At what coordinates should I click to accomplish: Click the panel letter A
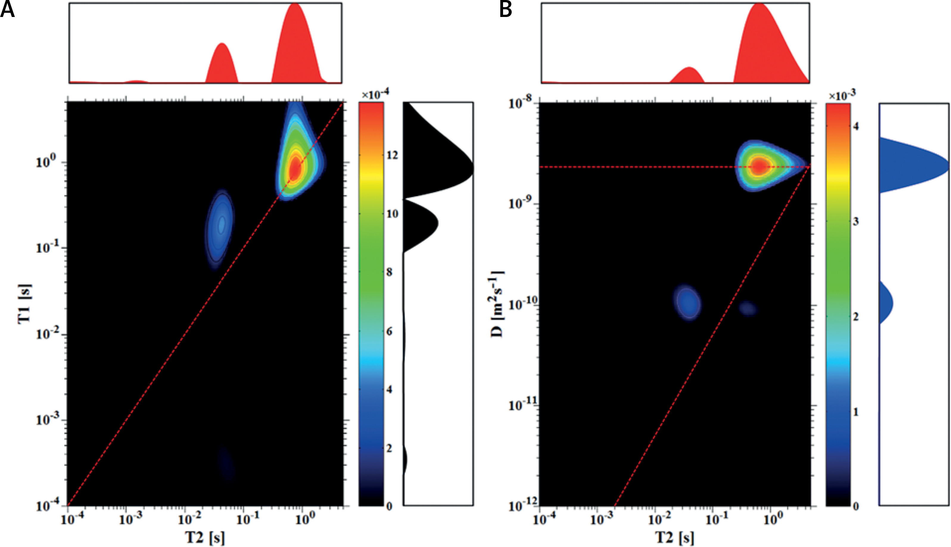[x=7, y=10]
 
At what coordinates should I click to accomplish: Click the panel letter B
[x=505, y=10]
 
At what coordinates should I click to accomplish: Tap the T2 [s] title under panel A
[x=205, y=537]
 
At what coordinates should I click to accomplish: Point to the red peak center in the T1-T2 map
[x=295, y=169]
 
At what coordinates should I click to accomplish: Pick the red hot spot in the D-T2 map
[x=759, y=166]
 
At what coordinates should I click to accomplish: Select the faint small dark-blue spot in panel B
[x=747, y=308]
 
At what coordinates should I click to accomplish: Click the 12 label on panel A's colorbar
[x=393, y=155]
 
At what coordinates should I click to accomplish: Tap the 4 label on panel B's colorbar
[x=856, y=126]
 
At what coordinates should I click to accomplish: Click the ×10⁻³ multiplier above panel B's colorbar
[x=842, y=96]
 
